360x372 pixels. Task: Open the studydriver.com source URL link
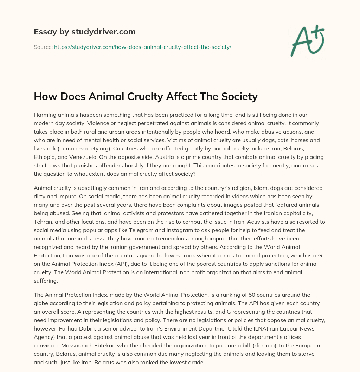(x=142, y=46)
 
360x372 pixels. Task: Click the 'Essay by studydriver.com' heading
(x=84, y=32)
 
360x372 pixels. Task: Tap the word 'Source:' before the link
(x=43, y=46)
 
